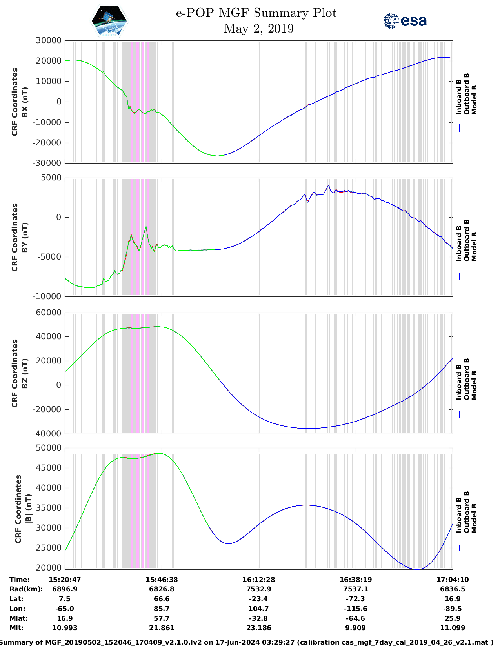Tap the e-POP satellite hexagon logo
tap(109, 21)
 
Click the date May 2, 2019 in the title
tap(259, 29)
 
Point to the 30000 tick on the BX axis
tap(49, 40)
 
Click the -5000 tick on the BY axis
tap(49, 257)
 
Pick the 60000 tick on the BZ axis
tap(49, 313)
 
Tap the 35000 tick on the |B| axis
tap(49, 508)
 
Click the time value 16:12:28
tap(258, 580)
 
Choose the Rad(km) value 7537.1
tap(356, 589)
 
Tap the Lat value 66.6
tap(162, 599)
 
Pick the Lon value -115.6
tap(356, 609)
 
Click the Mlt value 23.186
tap(258, 628)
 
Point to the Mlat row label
tap(19, 618)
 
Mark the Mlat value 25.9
tap(453, 618)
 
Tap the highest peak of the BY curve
tap(329, 185)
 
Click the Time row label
tap(19, 580)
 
